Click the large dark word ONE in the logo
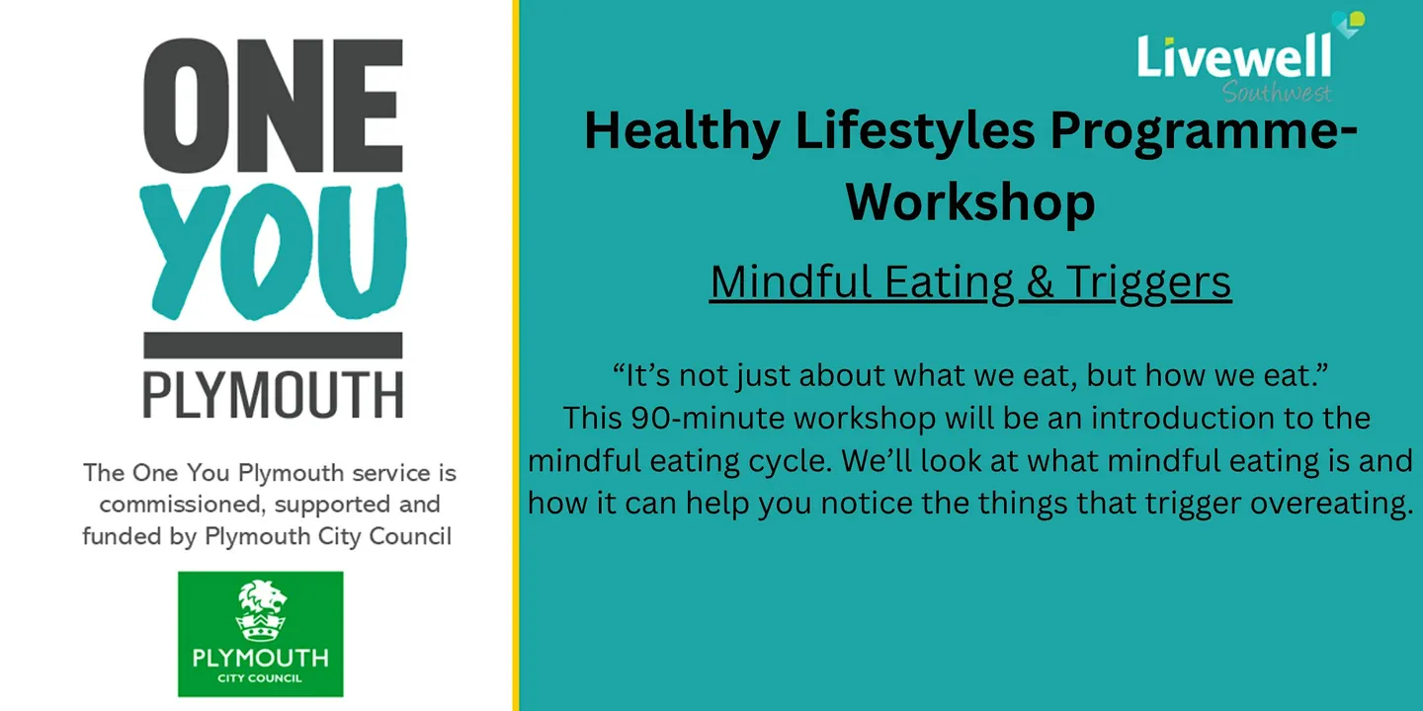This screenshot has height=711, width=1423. tap(273, 106)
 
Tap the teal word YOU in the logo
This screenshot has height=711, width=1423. tap(273, 252)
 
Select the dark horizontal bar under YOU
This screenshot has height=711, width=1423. tap(273, 346)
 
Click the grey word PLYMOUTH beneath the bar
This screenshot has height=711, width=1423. tap(273, 395)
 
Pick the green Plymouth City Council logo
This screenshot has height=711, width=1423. tap(261, 634)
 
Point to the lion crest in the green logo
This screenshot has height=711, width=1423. tap(261, 610)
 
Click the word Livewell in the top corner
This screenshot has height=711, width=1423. tap(1233, 57)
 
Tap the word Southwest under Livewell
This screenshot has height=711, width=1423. tap(1277, 93)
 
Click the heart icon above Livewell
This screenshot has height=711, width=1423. tap(1348, 24)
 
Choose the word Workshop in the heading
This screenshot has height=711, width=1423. tap(970, 202)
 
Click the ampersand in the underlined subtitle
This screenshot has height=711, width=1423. tap(1040, 281)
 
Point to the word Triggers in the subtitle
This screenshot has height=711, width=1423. tap(1148, 283)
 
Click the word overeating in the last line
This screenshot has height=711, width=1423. tap(1331, 504)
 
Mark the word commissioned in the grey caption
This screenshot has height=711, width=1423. tap(182, 505)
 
